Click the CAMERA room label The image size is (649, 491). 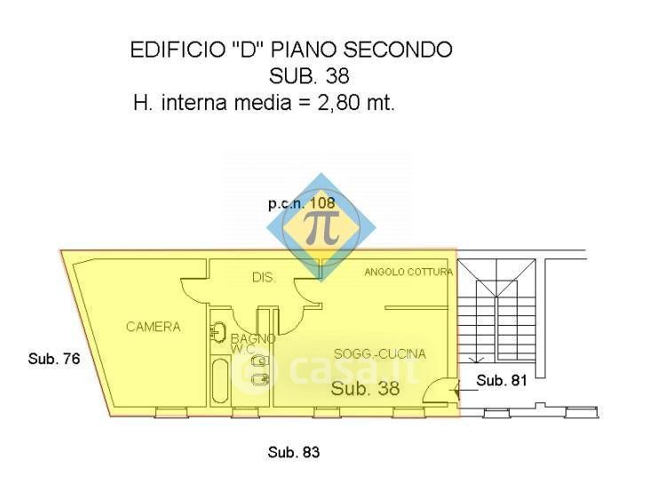pos(153,327)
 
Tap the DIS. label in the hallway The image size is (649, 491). pos(263,278)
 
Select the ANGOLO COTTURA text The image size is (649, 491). pos(408,272)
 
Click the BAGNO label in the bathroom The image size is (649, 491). pos(252,338)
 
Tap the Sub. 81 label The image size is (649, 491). pos(503,381)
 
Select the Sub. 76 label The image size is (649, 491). pos(54,359)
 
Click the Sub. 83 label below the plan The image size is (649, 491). pos(293,453)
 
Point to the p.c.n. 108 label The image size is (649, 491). pos(302,203)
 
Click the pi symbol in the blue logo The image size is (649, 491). pos(321,226)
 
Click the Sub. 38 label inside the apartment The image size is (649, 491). pos(364,388)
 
